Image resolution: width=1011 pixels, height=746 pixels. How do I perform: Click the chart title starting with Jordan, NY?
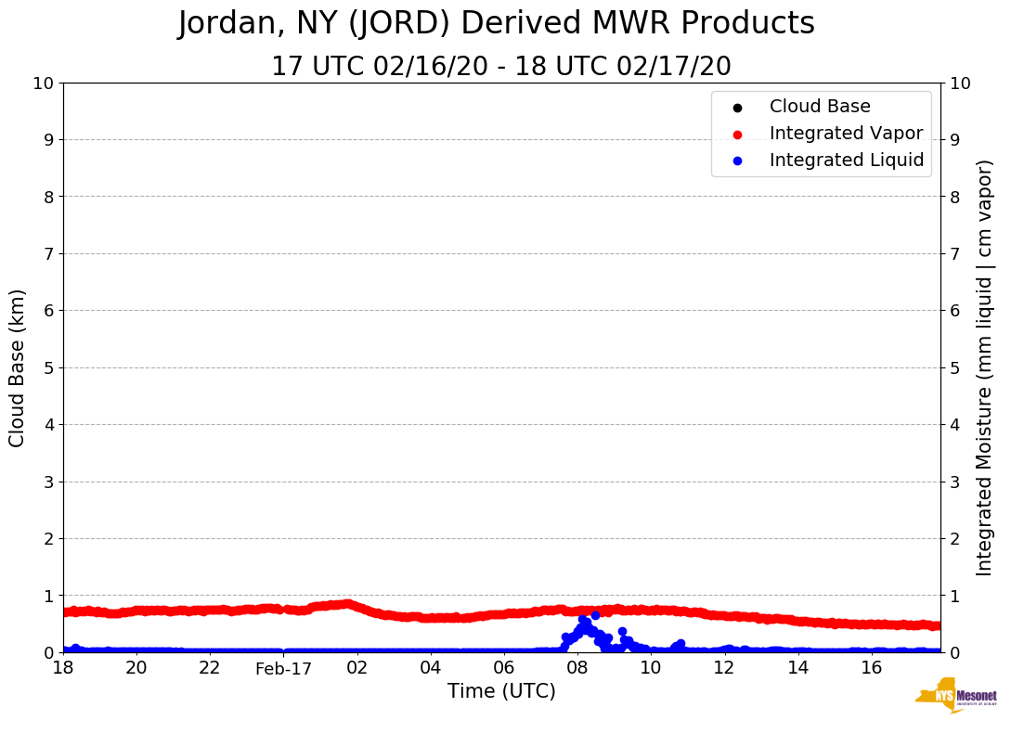496,24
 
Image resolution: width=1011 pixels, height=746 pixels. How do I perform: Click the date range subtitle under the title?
500,67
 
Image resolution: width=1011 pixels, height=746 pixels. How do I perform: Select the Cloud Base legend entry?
820,107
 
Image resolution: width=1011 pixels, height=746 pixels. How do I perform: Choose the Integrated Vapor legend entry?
846,134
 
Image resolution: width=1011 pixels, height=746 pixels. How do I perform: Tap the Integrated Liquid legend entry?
847,161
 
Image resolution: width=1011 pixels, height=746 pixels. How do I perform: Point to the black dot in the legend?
737,108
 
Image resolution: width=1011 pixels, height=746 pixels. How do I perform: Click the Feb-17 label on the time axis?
283,668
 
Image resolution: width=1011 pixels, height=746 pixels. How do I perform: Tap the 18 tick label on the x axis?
63,668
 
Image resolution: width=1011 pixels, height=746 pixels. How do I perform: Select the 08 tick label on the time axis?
577,668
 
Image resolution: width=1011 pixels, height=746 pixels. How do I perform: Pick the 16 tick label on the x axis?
871,668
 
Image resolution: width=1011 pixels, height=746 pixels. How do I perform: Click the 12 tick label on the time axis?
724,668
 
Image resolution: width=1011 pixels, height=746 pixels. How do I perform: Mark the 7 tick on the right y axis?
953,253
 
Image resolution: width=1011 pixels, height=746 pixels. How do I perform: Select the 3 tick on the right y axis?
953,482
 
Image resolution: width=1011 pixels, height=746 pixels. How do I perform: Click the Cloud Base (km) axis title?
18,367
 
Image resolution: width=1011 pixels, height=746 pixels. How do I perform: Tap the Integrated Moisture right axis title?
985,367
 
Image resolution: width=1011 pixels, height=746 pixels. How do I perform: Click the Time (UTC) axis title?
501,691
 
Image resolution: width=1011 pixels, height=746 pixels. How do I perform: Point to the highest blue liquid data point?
595,615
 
